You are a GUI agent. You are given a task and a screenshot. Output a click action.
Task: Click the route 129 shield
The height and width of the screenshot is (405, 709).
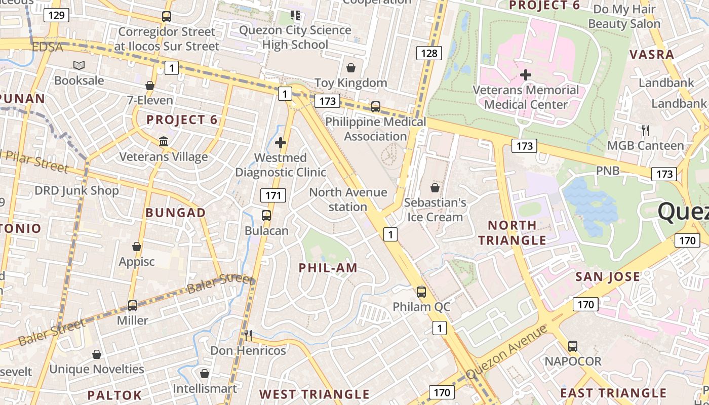(56, 15)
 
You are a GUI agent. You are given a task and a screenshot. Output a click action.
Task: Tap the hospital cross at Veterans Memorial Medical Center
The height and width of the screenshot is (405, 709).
(526, 75)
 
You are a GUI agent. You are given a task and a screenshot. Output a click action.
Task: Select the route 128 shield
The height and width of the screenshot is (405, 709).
(429, 53)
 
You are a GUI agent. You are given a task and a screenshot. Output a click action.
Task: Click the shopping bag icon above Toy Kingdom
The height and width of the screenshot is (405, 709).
(350, 68)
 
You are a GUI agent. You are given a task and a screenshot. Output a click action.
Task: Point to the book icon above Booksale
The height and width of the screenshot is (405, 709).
(79, 65)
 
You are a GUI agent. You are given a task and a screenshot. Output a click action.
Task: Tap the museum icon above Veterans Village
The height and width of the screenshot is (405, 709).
(164, 142)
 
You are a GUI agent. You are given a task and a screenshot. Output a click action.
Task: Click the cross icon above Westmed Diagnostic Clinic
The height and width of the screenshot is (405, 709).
(281, 143)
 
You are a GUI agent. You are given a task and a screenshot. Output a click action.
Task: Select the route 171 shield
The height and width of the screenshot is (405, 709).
(273, 195)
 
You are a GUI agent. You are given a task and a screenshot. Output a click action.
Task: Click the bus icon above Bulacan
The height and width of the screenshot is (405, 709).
(266, 216)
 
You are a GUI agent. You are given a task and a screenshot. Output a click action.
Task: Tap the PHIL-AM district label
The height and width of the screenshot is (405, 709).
(328, 268)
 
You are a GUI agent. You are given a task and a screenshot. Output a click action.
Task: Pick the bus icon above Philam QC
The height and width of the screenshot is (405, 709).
(421, 292)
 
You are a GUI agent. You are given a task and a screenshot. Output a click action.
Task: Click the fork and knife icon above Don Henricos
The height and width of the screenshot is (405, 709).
(248, 335)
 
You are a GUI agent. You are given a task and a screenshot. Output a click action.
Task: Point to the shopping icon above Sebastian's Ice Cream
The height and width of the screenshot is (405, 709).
(435, 188)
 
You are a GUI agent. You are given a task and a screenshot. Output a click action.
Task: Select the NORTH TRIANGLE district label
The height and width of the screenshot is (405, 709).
(512, 232)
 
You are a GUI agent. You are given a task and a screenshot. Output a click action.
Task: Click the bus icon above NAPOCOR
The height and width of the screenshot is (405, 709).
(573, 346)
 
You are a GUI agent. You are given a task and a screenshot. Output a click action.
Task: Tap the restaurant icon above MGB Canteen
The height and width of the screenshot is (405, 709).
(645, 131)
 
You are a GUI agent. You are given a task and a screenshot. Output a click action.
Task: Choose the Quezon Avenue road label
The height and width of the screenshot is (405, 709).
(506, 352)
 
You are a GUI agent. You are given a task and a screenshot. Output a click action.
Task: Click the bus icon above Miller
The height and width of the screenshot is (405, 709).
(133, 306)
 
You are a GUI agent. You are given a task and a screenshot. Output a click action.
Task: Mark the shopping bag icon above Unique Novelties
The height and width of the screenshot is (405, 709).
(97, 354)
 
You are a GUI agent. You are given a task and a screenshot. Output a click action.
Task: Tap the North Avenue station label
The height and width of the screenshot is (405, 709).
(348, 199)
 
